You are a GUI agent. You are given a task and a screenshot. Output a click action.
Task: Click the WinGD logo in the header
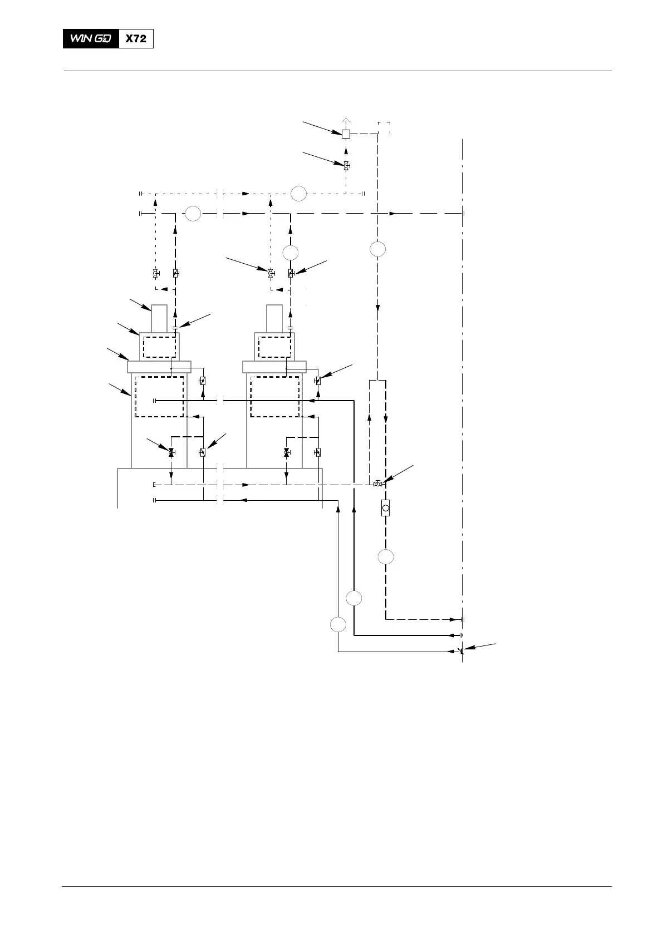coord(91,39)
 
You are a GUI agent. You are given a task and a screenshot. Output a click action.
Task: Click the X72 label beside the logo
coord(136,39)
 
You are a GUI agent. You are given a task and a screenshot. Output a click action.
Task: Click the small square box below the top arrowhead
coord(346,134)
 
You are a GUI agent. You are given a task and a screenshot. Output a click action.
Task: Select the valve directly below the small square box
coord(346,165)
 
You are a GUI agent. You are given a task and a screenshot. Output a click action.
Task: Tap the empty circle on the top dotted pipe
coord(298,194)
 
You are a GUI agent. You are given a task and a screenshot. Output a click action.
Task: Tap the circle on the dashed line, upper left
coord(193,214)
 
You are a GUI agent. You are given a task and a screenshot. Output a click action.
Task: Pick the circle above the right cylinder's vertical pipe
coord(290,252)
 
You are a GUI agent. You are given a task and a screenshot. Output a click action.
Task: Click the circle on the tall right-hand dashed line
coord(377,249)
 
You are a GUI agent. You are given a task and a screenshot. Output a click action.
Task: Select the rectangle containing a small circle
coord(385,507)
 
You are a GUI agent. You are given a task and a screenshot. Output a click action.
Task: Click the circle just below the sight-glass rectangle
coord(385,556)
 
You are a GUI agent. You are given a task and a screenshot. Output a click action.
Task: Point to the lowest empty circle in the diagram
coord(338,624)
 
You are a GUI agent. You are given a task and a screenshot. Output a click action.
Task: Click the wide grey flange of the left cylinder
coord(159,367)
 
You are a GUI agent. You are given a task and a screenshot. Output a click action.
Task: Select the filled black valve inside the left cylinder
coord(171,452)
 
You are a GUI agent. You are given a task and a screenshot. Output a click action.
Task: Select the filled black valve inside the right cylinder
coord(287,452)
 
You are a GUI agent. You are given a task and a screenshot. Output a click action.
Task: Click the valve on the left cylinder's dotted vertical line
coord(155,274)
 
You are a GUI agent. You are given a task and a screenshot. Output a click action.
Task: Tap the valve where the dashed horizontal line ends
coord(377,485)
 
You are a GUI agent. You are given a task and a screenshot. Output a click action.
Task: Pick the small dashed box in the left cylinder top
coord(159,347)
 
